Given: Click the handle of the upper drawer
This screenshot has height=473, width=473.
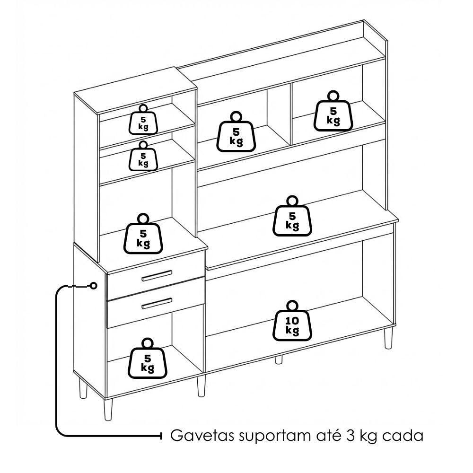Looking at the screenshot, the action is tap(157, 276).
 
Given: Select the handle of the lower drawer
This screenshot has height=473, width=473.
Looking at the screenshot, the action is tap(157, 304).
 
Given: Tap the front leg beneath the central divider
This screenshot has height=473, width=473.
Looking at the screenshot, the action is tap(201, 386).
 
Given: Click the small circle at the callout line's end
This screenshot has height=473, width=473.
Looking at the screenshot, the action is tap(94, 285).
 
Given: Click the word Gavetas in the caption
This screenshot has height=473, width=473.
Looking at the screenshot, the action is tap(202, 436).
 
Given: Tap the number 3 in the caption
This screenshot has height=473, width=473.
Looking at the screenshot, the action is tap(351, 436).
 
